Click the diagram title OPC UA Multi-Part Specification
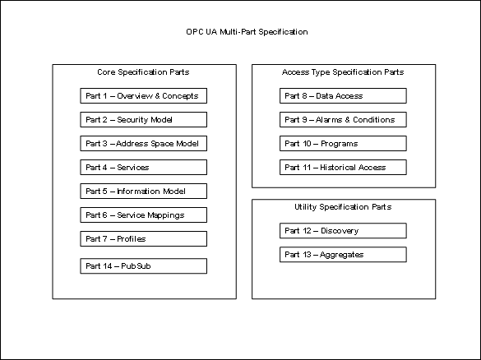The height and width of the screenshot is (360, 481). click(247, 32)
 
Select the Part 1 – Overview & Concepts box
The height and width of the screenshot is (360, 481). click(144, 95)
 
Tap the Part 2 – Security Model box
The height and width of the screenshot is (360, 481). click(144, 120)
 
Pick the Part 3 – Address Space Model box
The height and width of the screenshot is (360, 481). click(144, 144)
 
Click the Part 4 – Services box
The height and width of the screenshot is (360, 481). click(144, 167)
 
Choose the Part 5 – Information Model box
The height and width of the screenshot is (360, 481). click(144, 191)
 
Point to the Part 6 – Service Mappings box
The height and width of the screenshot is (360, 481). click(144, 215)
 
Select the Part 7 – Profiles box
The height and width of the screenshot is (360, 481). click(144, 239)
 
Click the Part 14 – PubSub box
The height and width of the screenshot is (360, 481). click(144, 265)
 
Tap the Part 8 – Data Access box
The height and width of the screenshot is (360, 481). click(343, 95)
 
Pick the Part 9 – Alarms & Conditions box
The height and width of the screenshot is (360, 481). click(343, 120)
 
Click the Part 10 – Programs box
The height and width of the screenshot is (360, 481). click(343, 144)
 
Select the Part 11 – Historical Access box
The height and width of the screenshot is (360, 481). click(343, 167)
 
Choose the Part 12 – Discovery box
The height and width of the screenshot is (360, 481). click(343, 231)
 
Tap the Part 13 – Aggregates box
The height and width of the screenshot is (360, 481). click(343, 255)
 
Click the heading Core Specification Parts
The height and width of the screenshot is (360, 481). click(143, 72)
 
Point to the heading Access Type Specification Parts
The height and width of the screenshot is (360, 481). click(343, 72)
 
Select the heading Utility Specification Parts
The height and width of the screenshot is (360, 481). click(343, 207)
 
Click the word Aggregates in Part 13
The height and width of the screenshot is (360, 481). click(342, 255)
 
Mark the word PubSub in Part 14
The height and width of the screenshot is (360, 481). click(136, 265)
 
